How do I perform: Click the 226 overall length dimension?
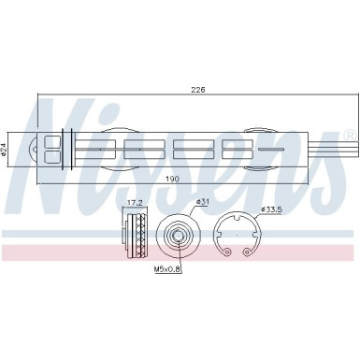[197, 89]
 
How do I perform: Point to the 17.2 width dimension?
[134, 202]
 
